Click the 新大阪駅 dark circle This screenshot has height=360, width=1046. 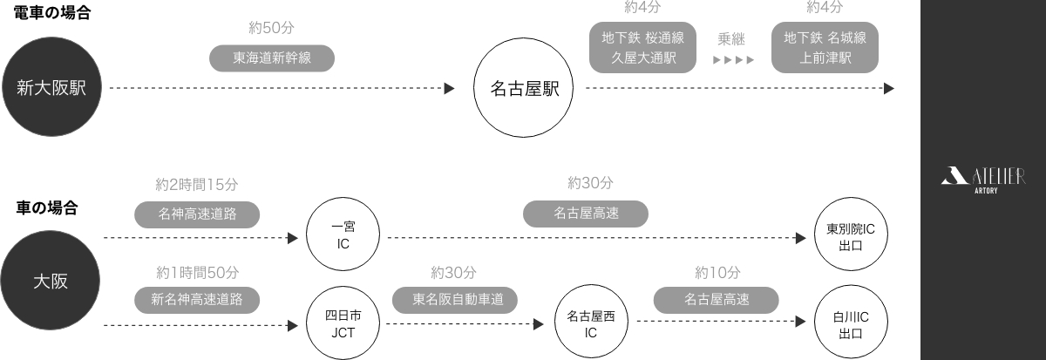pos(51,87)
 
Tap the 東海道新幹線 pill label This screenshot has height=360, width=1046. pos(272,58)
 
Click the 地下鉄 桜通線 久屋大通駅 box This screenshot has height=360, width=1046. pos(643,47)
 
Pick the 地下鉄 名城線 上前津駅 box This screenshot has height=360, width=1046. pos(825,47)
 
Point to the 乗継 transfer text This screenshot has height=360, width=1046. pos(732,39)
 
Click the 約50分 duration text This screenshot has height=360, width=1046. pos(271,27)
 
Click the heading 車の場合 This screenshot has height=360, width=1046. pos(47,208)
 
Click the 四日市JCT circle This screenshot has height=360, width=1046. pos(343,324)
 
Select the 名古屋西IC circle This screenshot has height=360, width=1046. pos(590,324)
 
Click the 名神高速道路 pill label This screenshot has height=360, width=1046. pos(197,214)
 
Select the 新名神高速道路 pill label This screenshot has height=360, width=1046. pos(197,299)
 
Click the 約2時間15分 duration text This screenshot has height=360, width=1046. pos(197,185)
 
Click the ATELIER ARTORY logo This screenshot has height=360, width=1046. pos(983,179)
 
